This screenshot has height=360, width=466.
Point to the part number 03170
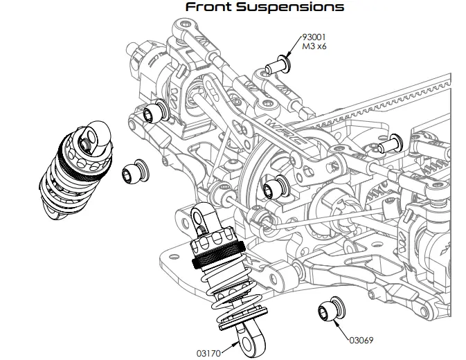(x=209, y=353)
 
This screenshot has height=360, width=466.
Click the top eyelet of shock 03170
(x=199, y=220)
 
